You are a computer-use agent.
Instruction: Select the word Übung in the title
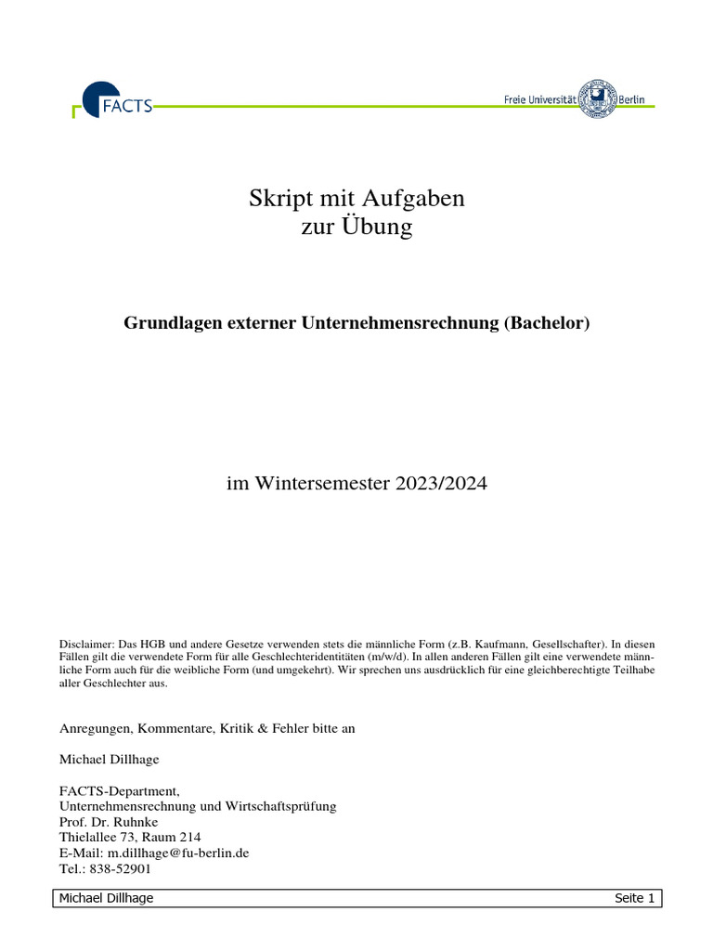381,227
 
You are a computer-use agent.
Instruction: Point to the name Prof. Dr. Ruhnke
109,821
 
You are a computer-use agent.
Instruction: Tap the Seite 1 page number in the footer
635,898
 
